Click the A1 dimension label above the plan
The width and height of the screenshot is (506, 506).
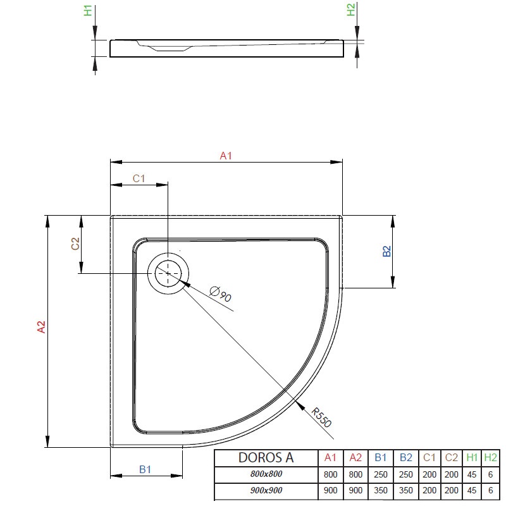coord(226,156)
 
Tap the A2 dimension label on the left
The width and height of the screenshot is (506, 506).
coord(41,327)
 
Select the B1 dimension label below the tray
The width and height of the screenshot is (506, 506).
coord(145,469)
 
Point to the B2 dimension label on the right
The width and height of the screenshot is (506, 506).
coord(386,251)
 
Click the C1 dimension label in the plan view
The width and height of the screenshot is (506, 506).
coord(139,178)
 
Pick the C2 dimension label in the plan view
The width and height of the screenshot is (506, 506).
coord(75,244)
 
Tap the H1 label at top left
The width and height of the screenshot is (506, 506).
coord(88,11)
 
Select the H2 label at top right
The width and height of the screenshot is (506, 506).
coord(350,9)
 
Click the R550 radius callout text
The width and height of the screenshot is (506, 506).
coord(321,417)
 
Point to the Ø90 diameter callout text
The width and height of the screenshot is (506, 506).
coord(220,294)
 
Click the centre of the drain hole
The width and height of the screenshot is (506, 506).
coord(168,273)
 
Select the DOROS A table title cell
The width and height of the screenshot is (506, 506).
coord(266,457)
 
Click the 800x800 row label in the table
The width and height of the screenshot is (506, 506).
coord(266,474)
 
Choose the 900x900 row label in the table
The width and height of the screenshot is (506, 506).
coord(266,490)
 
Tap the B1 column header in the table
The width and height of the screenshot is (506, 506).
coord(381,457)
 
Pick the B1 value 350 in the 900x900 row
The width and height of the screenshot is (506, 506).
coord(381,490)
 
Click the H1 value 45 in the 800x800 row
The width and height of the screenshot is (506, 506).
coord(471,474)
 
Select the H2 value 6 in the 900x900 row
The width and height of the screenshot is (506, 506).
coord(491,490)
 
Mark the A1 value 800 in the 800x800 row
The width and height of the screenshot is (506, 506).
coord(330,474)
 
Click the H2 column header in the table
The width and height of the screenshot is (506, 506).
coord(491,457)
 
